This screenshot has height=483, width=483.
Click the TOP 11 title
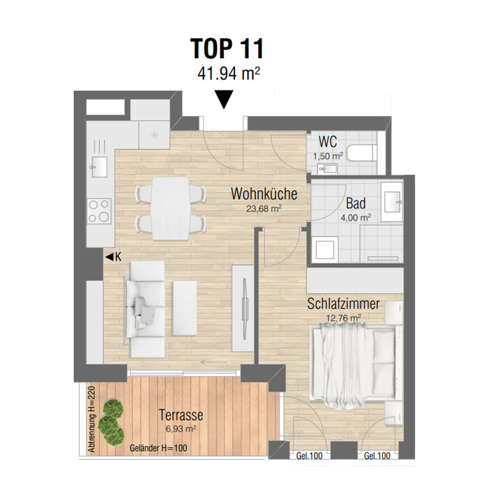tap(227, 49)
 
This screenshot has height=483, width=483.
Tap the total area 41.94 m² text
tap(229, 73)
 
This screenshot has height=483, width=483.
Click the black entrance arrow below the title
tap(224, 100)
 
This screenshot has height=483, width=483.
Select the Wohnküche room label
tap(264, 194)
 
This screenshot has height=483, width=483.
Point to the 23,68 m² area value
tap(264, 209)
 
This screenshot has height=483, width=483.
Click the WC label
tap(328, 142)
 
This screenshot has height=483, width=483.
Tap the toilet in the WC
tap(362, 153)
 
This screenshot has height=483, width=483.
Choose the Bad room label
tap(356, 203)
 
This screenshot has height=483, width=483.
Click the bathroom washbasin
tap(392, 202)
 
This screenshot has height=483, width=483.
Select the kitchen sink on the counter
tap(99, 167)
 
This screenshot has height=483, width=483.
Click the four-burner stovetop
tap(99, 211)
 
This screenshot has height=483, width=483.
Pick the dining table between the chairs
tap(170, 208)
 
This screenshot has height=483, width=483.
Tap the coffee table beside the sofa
tap(185, 308)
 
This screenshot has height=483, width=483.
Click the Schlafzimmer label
tap(344, 304)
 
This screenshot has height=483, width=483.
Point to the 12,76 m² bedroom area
tap(344, 318)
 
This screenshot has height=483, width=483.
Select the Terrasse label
tap(181, 415)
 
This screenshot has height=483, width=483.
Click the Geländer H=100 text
tap(158, 448)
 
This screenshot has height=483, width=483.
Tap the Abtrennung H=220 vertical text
tap(92, 419)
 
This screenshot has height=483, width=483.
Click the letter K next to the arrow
tap(118, 257)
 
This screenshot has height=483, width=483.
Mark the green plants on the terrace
tap(111, 424)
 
